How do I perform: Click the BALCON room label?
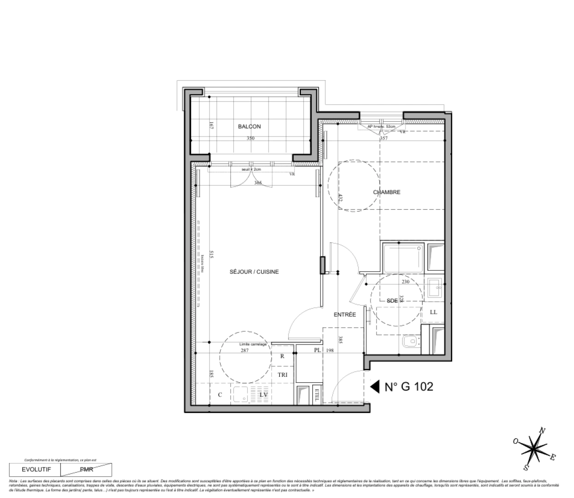coord(249,126)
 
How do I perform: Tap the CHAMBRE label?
coord(387,192)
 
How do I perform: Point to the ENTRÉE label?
coord(345,314)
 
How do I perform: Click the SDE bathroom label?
coord(392,301)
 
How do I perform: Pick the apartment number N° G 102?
coord(409,387)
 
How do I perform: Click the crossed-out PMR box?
coord(86,470)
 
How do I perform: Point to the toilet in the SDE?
coord(410,342)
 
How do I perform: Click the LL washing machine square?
coord(433,312)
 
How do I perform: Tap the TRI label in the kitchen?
coord(282,375)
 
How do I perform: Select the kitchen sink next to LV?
coord(240,395)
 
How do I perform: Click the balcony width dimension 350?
coord(250,138)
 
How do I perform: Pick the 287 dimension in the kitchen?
coord(245,350)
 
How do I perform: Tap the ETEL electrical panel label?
coord(317,395)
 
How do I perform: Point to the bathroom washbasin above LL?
coord(434,288)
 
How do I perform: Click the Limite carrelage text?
coord(253,344)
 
